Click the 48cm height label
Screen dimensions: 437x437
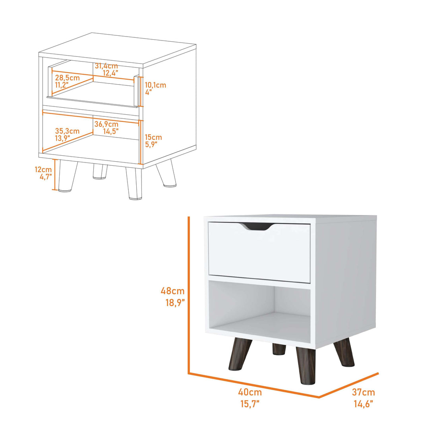172,291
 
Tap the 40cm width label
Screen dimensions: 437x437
250,392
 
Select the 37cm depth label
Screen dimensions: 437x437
363,393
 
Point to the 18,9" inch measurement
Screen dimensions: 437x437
175,303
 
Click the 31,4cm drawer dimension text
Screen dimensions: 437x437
106,66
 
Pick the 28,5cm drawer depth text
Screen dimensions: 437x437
68,78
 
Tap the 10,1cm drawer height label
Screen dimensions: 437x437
155,85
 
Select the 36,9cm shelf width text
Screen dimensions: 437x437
106,124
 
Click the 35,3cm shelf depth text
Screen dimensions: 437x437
67,131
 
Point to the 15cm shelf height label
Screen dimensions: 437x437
153,137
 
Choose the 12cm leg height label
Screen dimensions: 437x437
43,170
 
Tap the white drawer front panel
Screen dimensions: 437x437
259,252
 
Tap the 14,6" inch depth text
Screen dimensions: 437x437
363,404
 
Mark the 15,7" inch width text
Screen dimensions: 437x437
249,404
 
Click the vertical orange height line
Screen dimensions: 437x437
189,294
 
